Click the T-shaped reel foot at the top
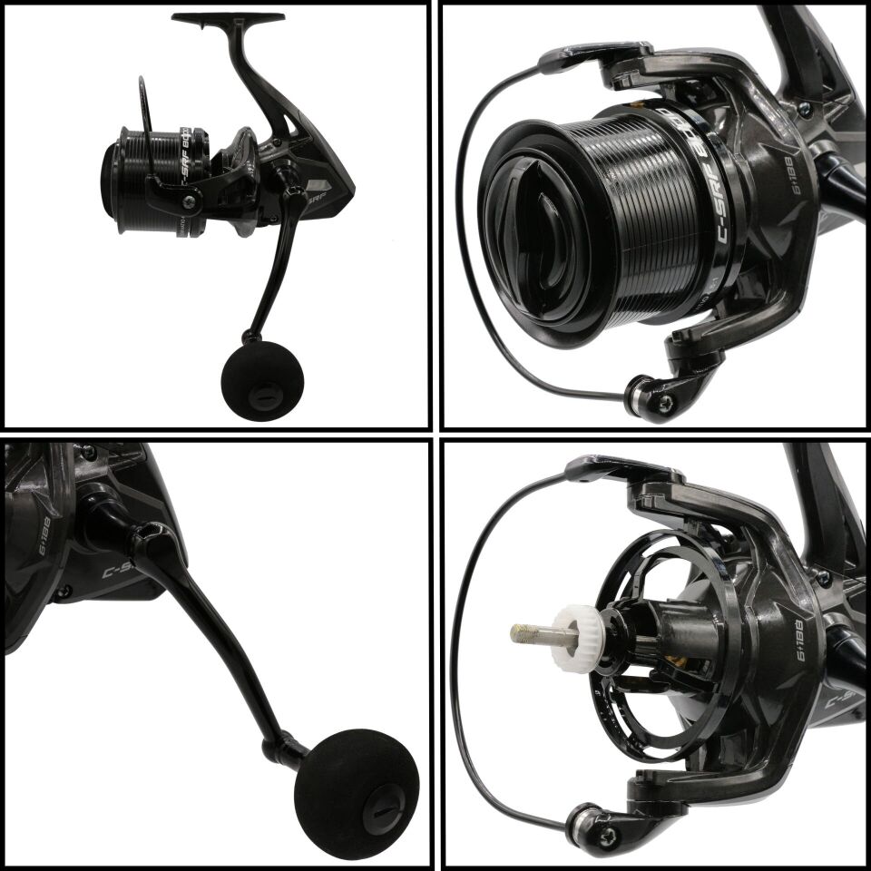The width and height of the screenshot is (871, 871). click(x=228, y=17)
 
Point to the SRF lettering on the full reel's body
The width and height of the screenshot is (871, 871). click(x=314, y=193)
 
